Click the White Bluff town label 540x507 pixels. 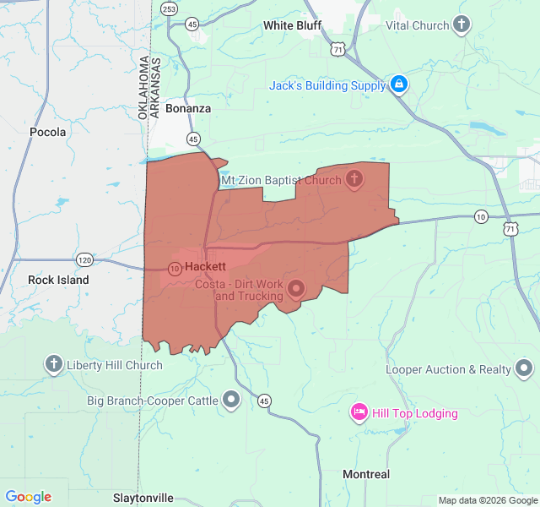[292, 25]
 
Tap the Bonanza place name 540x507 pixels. [188, 108]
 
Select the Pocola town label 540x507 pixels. [47, 132]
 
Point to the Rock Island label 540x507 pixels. [58, 280]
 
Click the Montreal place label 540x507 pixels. [366, 474]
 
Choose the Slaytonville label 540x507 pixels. [143, 498]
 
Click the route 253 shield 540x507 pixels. [170, 9]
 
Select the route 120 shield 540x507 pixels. [84, 259]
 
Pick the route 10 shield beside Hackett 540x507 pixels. [174, 269]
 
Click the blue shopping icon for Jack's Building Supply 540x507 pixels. [399, 84]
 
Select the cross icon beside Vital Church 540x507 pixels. [462, 25]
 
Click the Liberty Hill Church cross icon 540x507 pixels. [54, 365]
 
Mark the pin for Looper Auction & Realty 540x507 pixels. [524, 368]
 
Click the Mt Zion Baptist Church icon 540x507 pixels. [354, 179]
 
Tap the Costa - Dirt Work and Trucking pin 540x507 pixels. [296, 289]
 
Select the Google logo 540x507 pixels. [28, 497]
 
